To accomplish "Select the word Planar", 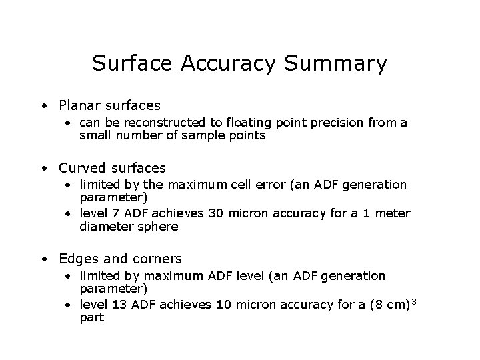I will (80, 105).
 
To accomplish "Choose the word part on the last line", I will (91, 317).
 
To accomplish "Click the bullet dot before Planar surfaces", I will (43, 106).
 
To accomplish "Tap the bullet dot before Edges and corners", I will (43, 259).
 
